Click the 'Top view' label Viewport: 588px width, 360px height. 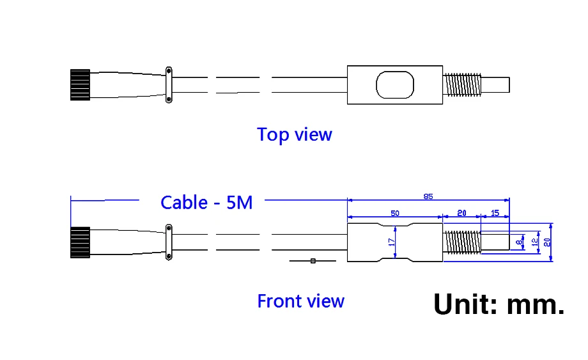pos(294,135)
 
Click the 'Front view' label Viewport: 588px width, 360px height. pos(300,301)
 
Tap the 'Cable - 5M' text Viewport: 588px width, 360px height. pos(206,203)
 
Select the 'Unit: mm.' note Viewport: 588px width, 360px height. pos(499,304)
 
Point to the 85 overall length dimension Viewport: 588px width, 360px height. pos(428,196)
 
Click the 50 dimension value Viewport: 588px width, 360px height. pos(394,212)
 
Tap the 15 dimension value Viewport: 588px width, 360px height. pos(495,212)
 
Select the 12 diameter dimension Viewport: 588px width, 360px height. pos(534,243)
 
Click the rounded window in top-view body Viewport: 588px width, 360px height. pos(395,85)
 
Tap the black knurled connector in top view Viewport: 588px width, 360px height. pos(80,84)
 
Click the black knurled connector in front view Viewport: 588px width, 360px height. pos(80,243)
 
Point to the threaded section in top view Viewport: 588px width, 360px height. pos(461,85)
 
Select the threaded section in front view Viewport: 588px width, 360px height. pos(461,243)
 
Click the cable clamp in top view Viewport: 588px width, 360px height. pos(168,84)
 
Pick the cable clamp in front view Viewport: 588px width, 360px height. pos(168,242)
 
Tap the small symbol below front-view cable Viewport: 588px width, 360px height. pos(313,261)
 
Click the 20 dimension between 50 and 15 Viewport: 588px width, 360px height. pos(461,212)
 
